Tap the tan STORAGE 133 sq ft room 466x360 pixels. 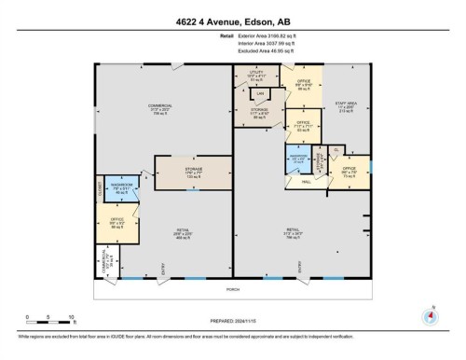coord(190,173)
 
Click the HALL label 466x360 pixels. coord(307,183)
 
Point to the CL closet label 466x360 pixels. coord(336,150)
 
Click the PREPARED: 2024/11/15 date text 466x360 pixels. coord(233,321)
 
